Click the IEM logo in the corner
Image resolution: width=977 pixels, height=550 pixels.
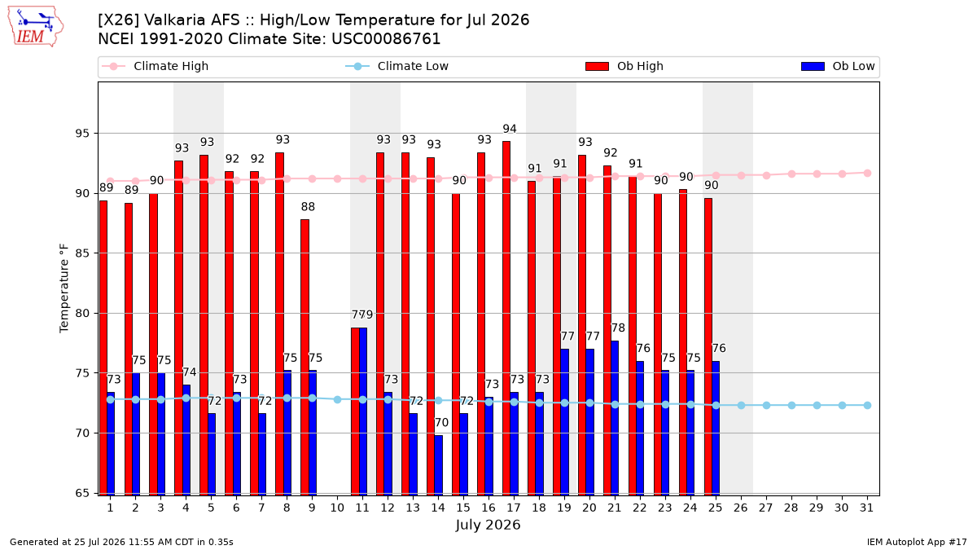(x=36, y=27)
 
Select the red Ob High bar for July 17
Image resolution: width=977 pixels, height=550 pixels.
(x=506, y=319)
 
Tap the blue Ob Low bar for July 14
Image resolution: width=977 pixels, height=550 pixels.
(x=438, y=465)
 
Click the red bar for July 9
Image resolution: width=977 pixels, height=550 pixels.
(x=304, y=358)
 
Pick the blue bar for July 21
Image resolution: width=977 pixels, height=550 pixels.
(x=615, y=418)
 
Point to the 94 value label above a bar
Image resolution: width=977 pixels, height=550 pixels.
(x=510, y=129)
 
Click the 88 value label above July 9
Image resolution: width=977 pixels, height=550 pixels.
(x=308, y=206)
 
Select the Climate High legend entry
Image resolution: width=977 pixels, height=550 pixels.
(x=155, y=66)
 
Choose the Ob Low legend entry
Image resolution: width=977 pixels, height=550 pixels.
(x=838, y=66)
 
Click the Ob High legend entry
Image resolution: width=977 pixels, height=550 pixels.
(x=624, y=66)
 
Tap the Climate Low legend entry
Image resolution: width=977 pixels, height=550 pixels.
(x=396, y=66)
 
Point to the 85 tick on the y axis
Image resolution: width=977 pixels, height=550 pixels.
(x=82, y=253)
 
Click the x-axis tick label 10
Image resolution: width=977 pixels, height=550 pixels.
(x=337, y=508)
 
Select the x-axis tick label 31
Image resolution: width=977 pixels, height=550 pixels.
(x=866, y=508)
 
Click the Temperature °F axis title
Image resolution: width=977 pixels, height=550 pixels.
(x=64, y=288)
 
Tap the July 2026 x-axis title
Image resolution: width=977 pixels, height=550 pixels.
(x=488, y=525)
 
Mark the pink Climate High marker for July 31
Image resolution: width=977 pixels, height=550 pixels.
(x=868, y=174)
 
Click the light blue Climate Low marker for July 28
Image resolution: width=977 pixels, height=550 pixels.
(x=791, y=406)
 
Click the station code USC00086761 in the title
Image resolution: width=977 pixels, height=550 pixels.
(x=386, y=39)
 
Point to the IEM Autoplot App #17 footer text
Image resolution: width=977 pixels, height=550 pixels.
(x=917, y=542)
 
